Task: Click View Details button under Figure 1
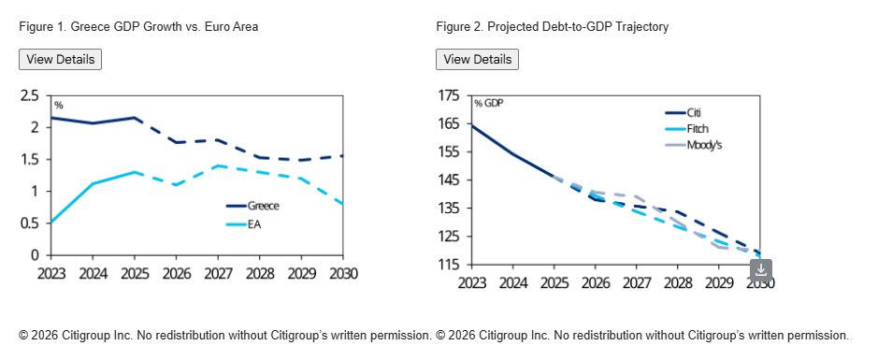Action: point(61,59)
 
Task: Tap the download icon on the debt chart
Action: point(761,270)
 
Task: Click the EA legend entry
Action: point(244,224)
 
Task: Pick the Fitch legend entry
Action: point(687,129)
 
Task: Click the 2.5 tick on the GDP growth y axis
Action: point(30,95)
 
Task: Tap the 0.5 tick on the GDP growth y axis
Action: point(30,223)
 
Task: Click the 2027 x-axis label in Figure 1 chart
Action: point(219,274)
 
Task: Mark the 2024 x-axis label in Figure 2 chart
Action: point(513,283)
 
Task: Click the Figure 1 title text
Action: point(138,26)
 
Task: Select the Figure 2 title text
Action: point(552,26)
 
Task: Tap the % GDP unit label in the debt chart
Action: point(488,104)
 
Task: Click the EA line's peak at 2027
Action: point(218,166)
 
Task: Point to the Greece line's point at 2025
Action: point(135,118)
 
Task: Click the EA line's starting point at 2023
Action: point(51,222)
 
